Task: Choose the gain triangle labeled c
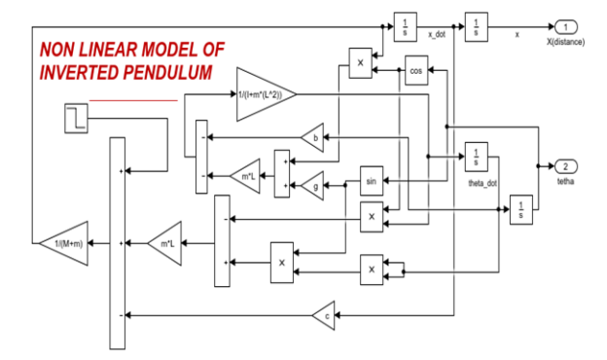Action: (x=324, y=313)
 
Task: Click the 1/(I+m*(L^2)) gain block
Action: (x=264, y=93)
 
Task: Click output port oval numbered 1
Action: (x=567, y=26)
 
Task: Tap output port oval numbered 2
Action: (x=567, y=166)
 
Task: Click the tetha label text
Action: (x=566, y=182)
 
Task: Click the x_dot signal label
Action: (x=436, y=34)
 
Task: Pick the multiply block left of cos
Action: (x=360, y=63)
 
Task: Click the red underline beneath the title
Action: (x=133, y=99)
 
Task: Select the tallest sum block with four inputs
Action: (x=117, y=243)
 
